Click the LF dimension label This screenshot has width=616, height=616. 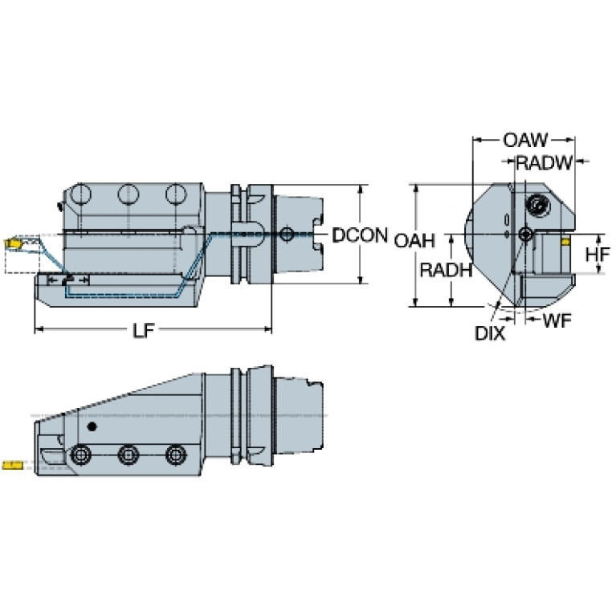coord(144,330)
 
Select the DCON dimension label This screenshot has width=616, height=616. coord(360,235)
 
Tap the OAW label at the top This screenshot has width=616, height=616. coord(525,141)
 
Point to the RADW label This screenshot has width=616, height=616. coord(544,163)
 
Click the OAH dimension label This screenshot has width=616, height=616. coord(414,240)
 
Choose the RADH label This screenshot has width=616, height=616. coord(446,270)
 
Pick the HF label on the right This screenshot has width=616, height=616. coord(598,255)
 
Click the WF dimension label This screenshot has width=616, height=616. coord(557,320)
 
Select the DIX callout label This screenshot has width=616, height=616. coord(490,333)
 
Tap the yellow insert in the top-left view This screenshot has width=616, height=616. coord(12,243)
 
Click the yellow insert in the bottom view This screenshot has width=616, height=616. coord(12,466)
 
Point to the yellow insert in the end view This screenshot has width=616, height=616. coord(565,241)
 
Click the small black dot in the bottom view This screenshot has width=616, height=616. coord(92,426)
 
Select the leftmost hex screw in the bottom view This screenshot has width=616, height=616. coord(80,455)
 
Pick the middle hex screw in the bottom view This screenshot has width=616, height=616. coord(128,455)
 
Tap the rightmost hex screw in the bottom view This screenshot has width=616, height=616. coord(176,455)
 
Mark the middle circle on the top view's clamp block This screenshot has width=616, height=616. coord(128,194)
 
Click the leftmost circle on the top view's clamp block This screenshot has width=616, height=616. coord(80,194)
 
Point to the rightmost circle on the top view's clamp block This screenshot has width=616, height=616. coord(176,194)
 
